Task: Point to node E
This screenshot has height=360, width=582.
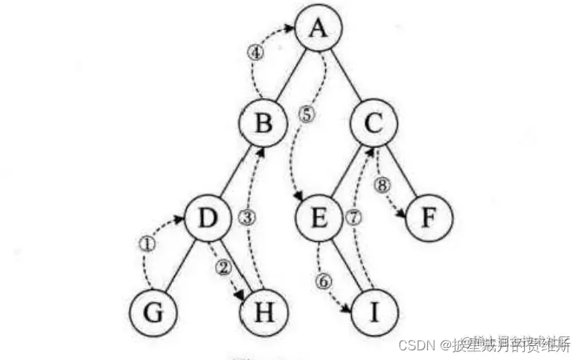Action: (318, 219)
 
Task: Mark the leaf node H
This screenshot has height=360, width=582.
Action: (262, 312)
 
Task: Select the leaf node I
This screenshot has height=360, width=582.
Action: (373, 312)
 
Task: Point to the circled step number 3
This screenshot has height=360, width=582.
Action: (249, 217)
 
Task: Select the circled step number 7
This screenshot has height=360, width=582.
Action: (354, 217)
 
